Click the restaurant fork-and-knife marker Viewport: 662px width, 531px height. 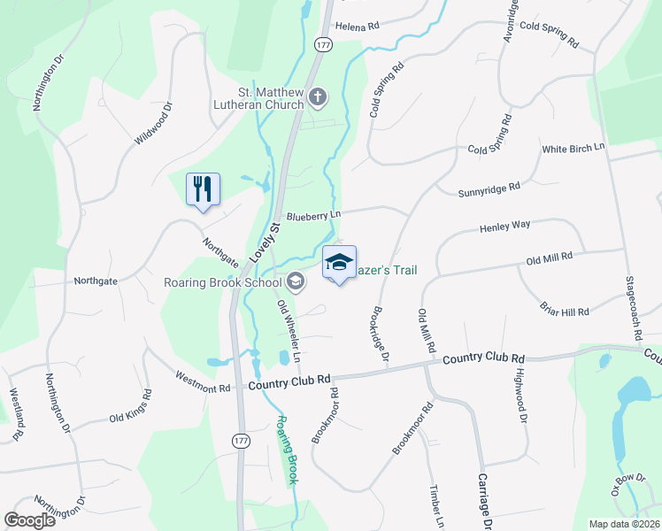203,189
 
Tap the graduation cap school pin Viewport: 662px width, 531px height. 339,262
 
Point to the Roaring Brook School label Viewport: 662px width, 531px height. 222,282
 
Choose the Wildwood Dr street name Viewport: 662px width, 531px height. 153,125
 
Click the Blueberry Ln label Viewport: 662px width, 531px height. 313,215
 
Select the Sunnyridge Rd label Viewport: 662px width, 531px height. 489,189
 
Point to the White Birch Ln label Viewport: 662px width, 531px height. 573,148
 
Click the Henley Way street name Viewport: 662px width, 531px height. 504,226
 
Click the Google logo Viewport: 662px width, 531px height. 30,520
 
